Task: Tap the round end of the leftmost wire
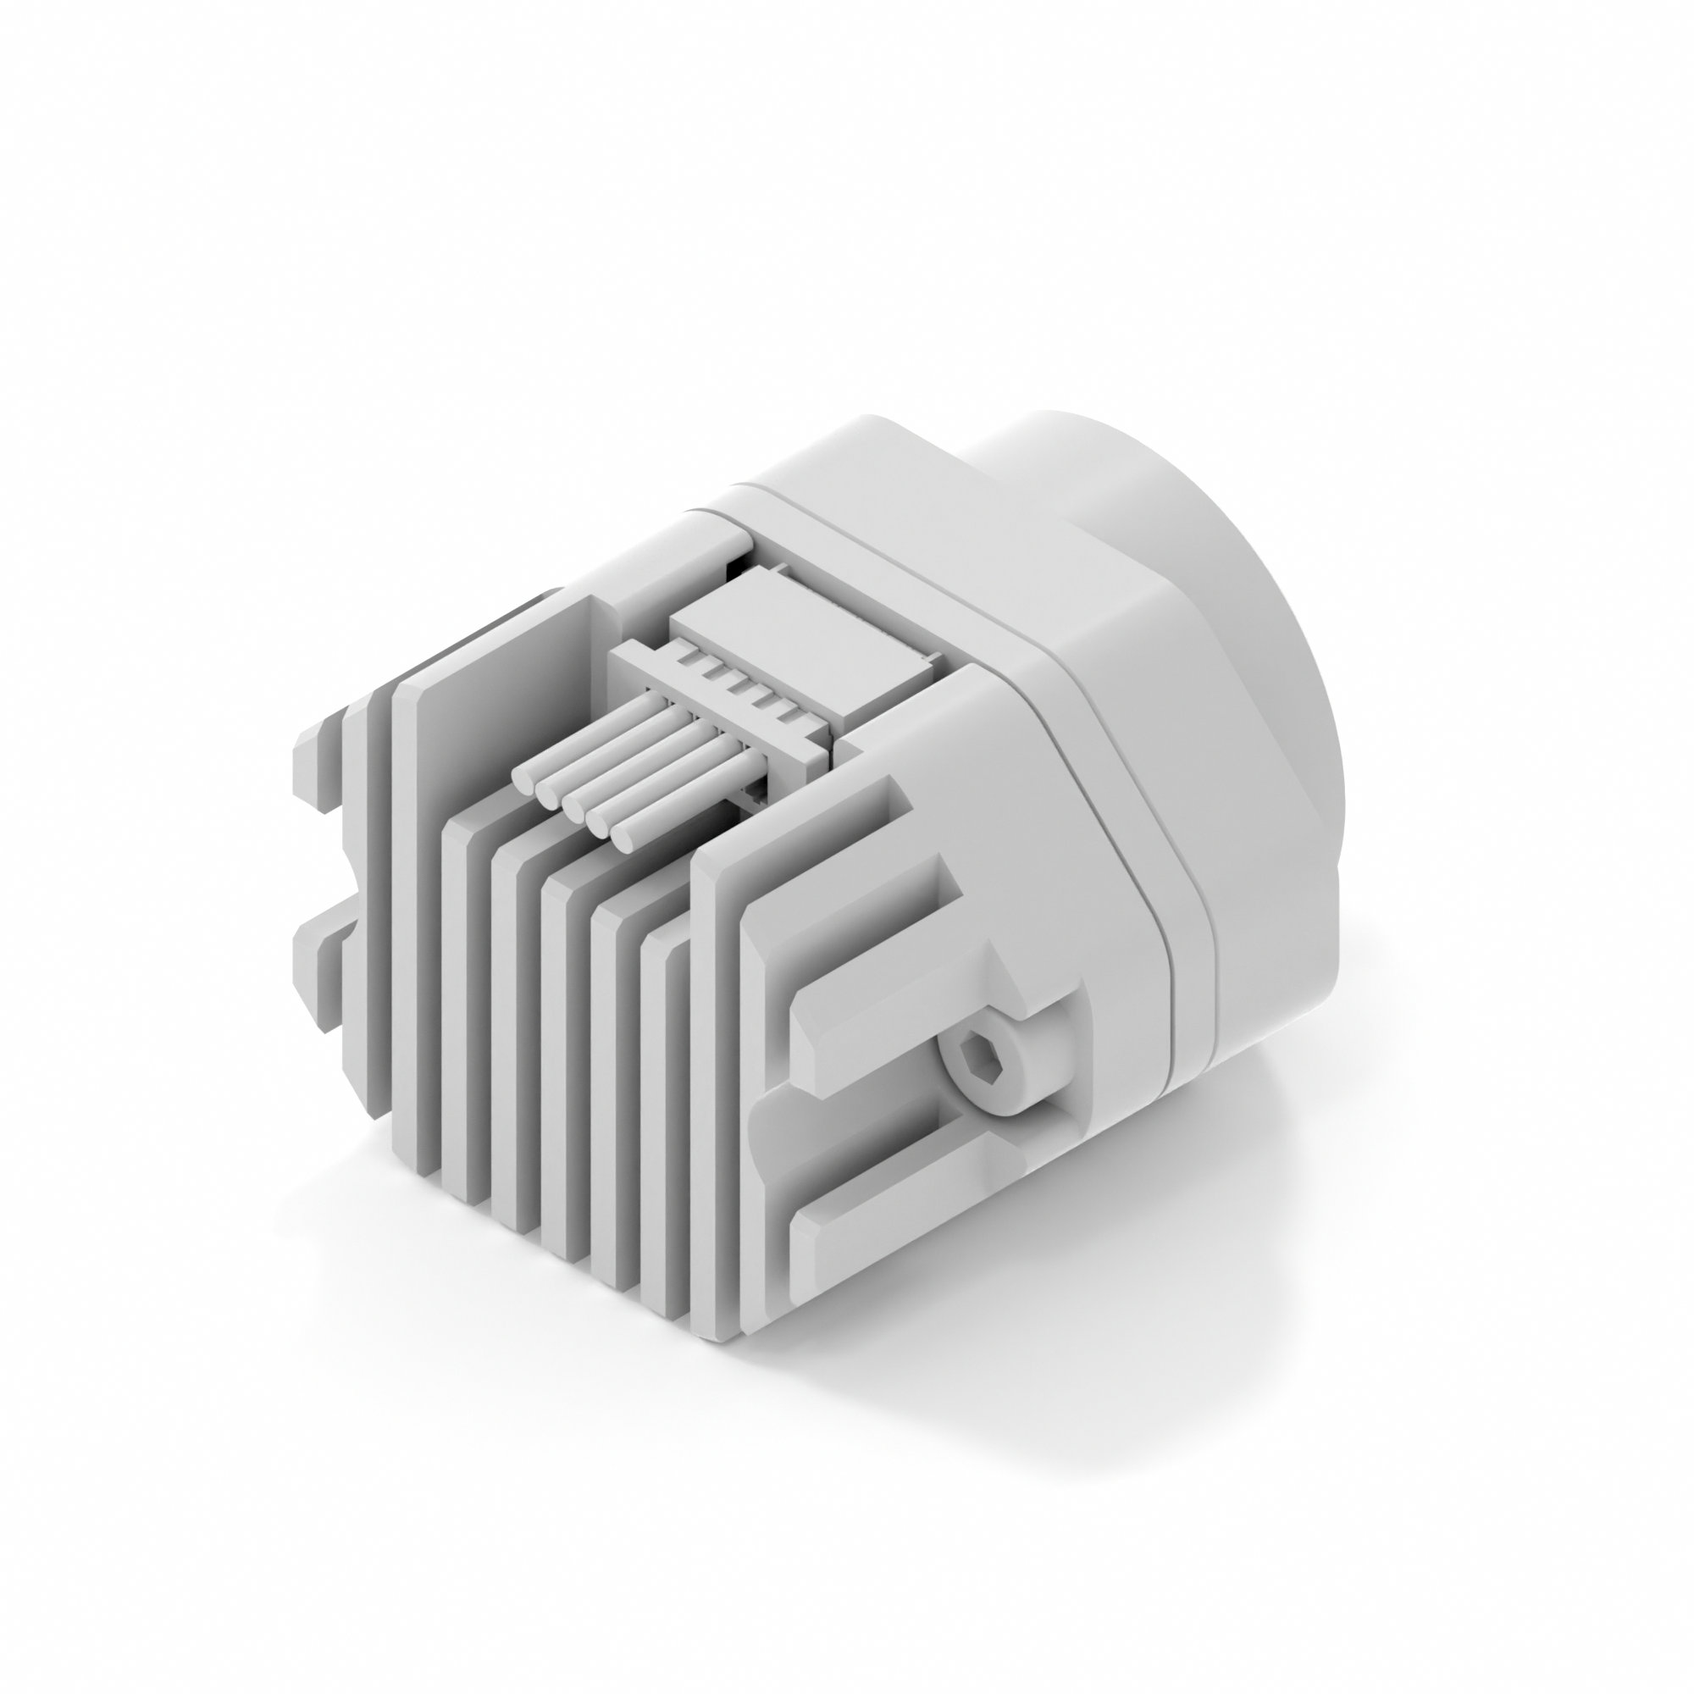[x=523, y=778]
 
